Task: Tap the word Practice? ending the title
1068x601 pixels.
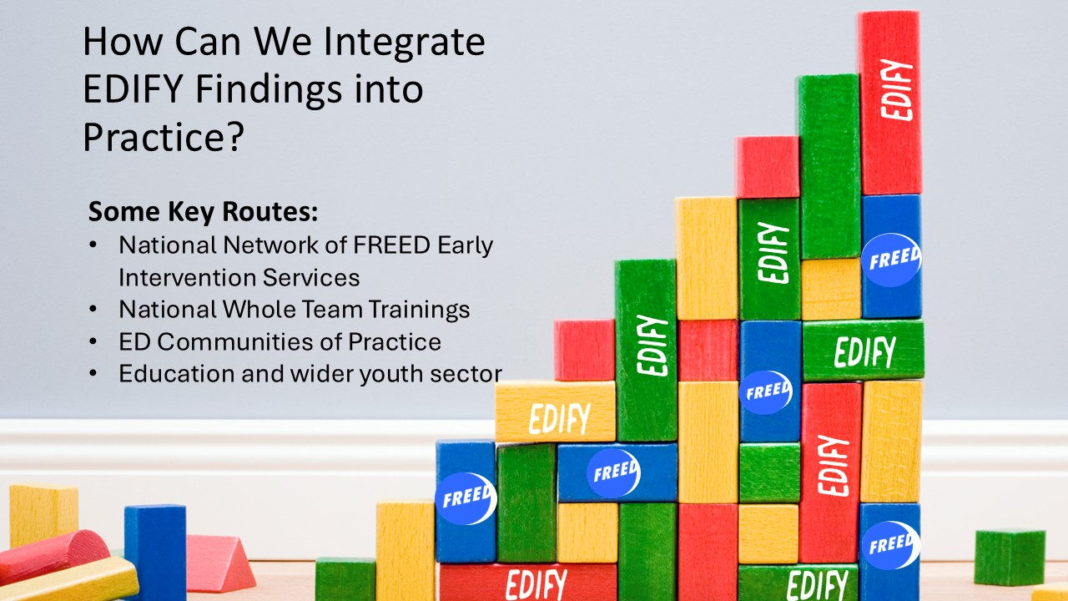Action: [164, 137]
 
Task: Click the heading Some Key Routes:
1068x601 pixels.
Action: [203, 211]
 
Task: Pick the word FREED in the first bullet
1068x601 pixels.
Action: [391, 245]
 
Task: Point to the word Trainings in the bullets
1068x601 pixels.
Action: [419, 310]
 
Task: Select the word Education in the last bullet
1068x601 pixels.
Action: [176, 373]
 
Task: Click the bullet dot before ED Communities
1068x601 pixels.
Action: [93, 342]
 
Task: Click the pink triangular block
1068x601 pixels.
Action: [219, 563]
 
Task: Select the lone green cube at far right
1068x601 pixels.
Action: [1010, 557]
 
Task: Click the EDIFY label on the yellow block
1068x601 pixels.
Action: [560, 419]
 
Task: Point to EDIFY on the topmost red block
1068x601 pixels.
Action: [896, 89]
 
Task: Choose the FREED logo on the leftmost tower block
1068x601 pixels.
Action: [466, 498]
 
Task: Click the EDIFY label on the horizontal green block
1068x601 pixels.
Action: [865, 351]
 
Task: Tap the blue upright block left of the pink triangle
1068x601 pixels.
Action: [155, 553]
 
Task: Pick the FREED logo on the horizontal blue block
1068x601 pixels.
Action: [613, 472]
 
